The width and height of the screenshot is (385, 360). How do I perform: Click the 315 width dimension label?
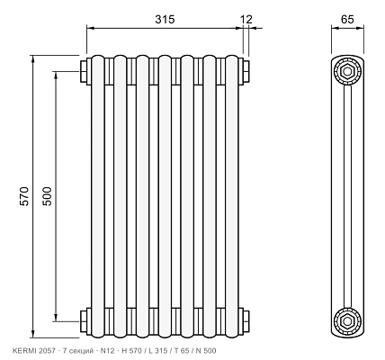165,19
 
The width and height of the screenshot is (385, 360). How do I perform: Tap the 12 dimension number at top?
246,20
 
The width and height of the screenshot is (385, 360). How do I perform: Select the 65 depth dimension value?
347,19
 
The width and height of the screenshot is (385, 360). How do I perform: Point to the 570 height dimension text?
24,196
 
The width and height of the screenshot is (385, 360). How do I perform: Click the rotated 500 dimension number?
47,196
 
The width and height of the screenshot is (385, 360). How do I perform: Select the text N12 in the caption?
107,351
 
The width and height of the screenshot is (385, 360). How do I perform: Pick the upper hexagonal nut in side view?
347,71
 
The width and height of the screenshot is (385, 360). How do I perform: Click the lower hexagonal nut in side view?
347,321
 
